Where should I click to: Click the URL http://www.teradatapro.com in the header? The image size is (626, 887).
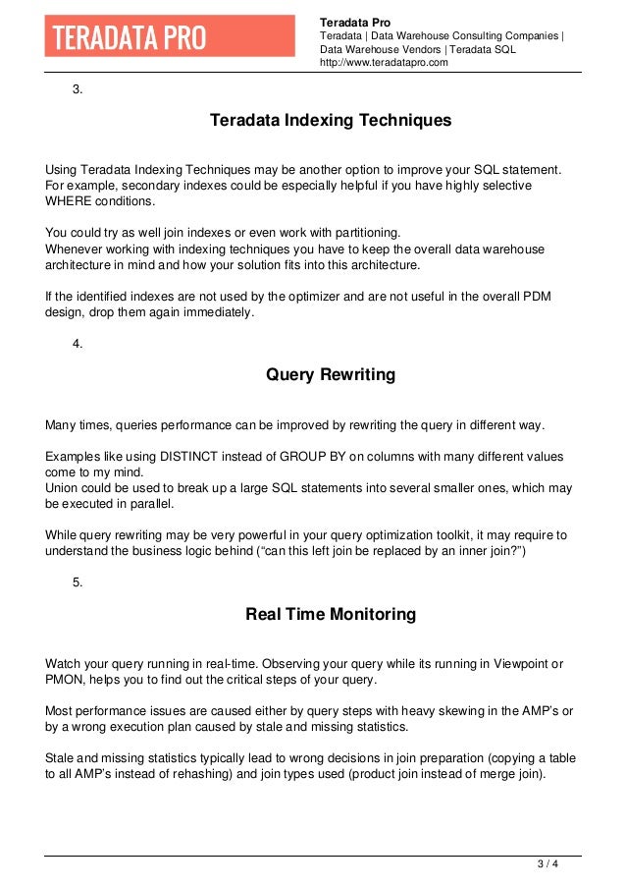point(384,62)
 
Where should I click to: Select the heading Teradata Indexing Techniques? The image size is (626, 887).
point(331,121)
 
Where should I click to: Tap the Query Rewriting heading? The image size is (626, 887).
point(331,374)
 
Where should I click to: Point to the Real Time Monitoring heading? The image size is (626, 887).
point(331,615)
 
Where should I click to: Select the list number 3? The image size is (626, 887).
point(78,90)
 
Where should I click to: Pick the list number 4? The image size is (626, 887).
point(78,343)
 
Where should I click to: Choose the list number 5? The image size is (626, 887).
point(78,582)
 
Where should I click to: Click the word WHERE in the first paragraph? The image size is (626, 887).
point(71,201)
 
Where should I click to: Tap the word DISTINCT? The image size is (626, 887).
point(191,458)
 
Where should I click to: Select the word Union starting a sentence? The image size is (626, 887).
point(64,488)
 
